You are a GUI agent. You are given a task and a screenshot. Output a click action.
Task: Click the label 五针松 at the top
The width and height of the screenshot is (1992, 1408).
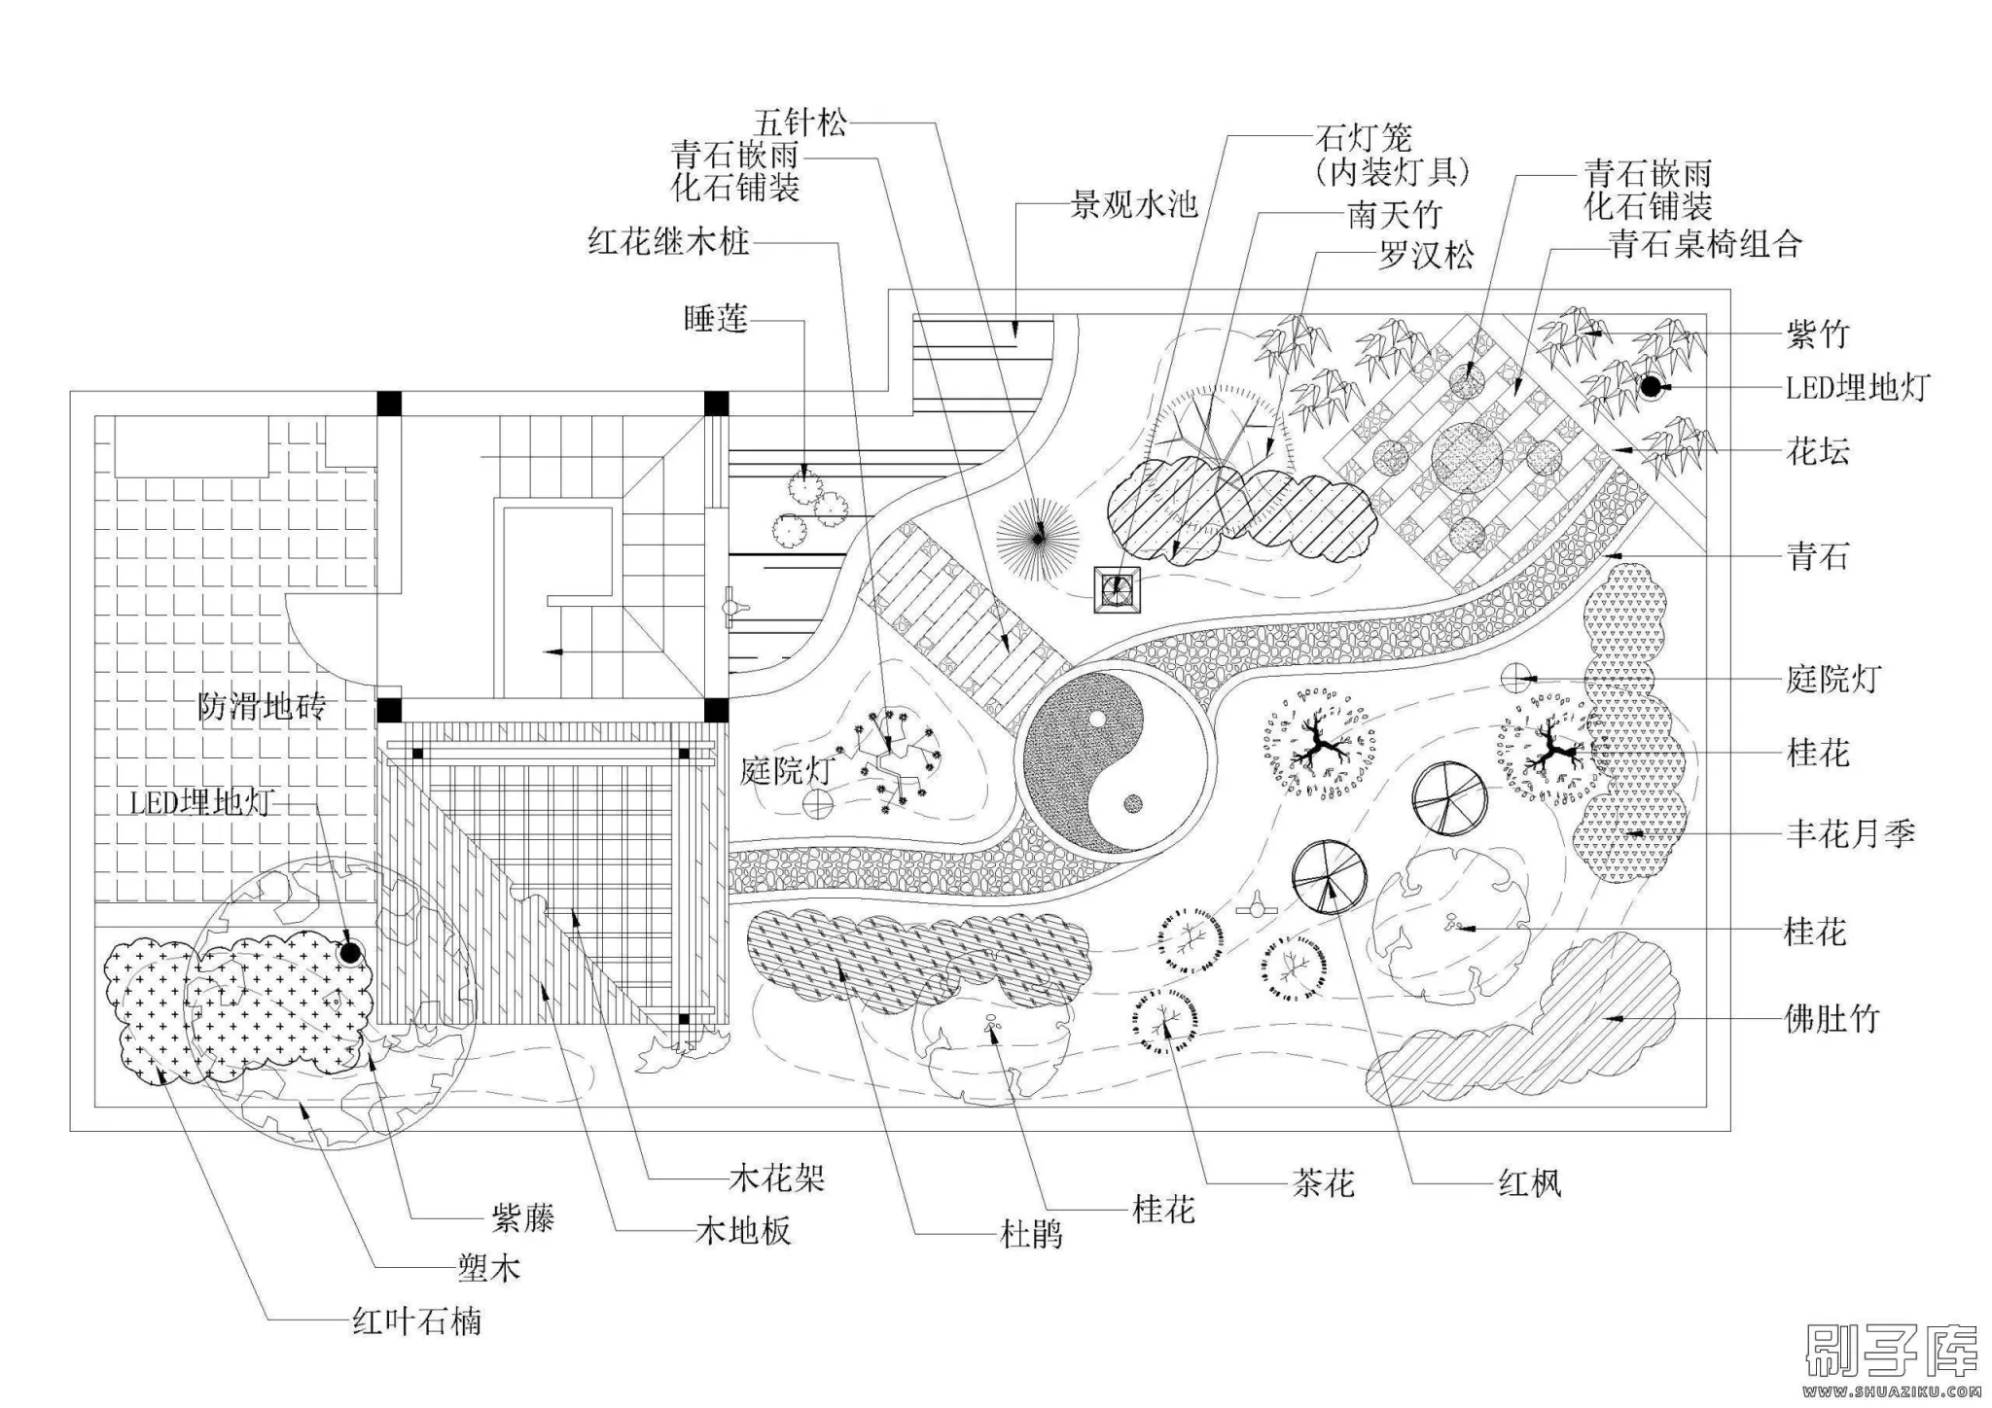[800, 123]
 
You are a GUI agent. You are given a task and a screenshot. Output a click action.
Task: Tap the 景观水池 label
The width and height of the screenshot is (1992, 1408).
[1133, 204]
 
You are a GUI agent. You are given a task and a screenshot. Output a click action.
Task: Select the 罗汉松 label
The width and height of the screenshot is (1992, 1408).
[1426, 255]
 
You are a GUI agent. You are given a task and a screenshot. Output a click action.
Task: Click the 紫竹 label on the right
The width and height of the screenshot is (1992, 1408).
[1817, 334]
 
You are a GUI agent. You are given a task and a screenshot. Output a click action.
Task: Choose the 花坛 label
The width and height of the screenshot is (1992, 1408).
[1817, 452]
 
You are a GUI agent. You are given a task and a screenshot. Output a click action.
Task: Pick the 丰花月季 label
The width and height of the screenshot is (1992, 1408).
[1850, 834]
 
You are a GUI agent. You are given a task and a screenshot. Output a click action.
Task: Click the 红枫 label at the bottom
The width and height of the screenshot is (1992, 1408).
[1530, 1183]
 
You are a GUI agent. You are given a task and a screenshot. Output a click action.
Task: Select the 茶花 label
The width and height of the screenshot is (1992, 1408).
[1323, 1183]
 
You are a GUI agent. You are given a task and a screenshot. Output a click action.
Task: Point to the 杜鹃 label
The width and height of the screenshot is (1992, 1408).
[1031, 1236]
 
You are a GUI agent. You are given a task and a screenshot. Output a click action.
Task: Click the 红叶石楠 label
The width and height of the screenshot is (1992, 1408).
[416, 1321]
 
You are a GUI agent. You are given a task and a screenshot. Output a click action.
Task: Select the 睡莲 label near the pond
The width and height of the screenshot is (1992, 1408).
[716, 319]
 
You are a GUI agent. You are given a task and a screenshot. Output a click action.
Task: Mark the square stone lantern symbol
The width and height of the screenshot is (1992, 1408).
[1118, 587]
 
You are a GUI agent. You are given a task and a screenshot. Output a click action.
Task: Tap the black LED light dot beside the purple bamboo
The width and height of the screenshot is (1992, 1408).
[1650, 387]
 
